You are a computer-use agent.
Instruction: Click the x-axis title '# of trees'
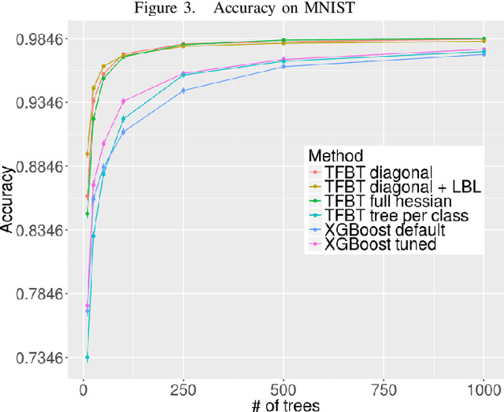(x=281, y=403)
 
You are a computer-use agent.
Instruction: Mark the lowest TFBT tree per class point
(x=87, y=358)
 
